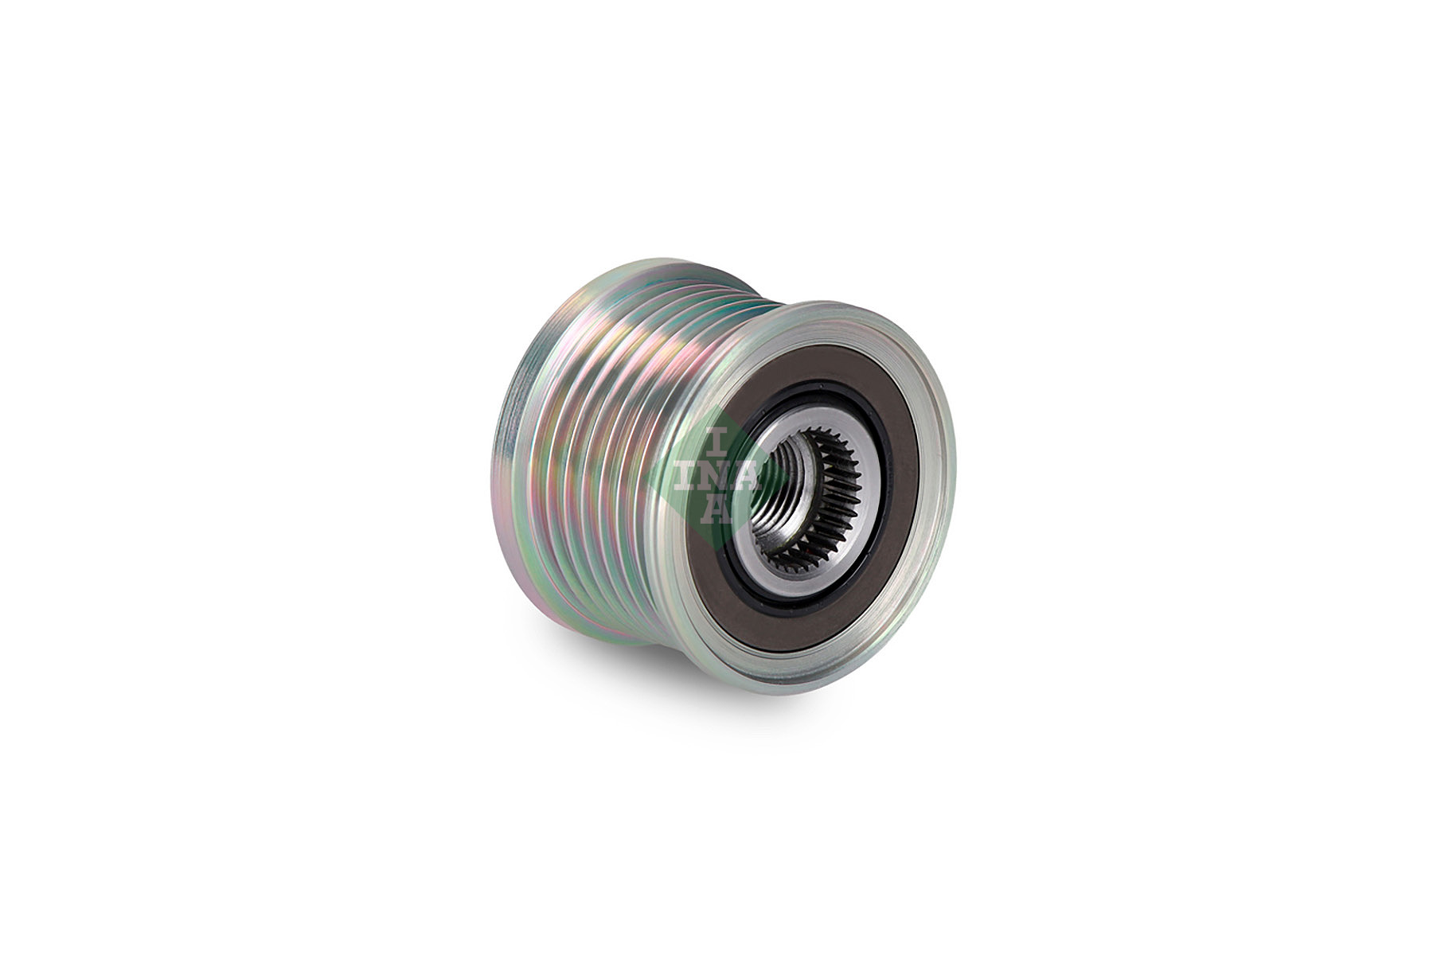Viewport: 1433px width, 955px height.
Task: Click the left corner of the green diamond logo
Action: tap(646, 476)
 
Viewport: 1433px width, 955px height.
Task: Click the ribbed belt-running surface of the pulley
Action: tap(589, 462)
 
